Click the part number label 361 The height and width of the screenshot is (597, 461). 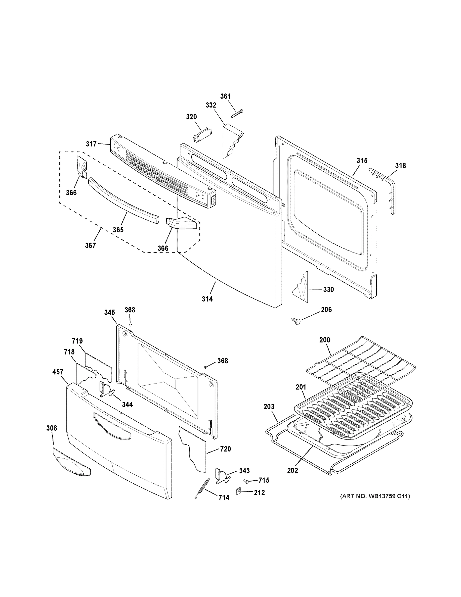(225, 96)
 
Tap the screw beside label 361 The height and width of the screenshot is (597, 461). (237, 113)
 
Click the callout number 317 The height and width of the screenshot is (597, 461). (91, 144)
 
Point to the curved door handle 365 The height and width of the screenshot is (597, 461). (123, 199)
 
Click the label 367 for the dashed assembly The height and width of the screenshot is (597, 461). (90, 246)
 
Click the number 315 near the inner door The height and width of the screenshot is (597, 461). (362, 160)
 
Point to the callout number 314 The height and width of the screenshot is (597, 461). (207, 299)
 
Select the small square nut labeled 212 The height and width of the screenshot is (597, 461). (238, 492)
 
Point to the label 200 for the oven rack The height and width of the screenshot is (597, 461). (325, 340)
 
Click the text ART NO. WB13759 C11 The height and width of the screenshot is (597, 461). (375, 496)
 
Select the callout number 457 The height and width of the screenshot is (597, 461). (58, 372)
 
